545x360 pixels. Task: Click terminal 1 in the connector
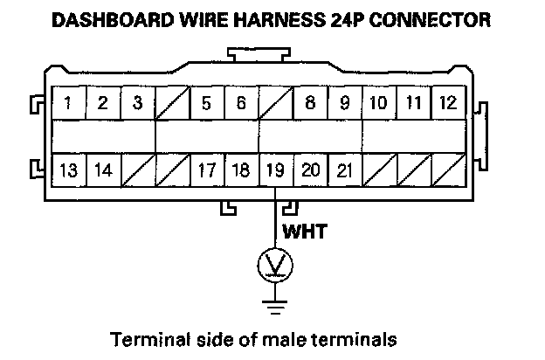68,103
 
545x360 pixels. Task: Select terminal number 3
137,103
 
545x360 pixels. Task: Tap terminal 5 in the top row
206,103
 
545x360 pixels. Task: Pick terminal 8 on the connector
310,103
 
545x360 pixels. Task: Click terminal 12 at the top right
448,103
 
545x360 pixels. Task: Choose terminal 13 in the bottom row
68,170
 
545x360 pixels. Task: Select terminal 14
103,170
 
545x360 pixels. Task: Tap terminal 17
206,170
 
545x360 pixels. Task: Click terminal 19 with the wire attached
275,170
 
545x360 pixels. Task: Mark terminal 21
344,170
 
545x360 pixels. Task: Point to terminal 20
310,170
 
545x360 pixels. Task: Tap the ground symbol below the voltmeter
276,305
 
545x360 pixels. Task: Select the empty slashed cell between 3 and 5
172,103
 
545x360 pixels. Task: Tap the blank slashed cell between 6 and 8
275,103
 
